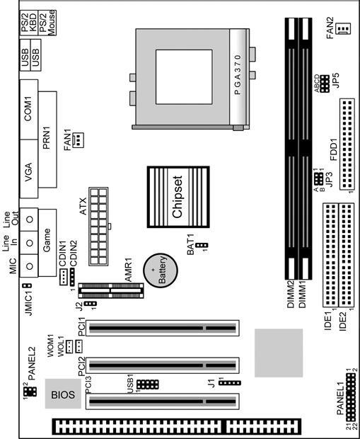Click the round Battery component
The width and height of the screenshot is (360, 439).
pyautogui.click(x=161, y=270)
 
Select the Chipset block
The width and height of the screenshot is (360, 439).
pyautogui.click(x=178, y=197)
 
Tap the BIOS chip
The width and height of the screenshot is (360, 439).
pyautogui.click(x=63, y=394)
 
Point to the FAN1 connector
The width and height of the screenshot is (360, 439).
pyautogui.click(x=78, y=140)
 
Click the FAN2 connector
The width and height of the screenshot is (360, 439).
pyautogui.click(x=344, y=28)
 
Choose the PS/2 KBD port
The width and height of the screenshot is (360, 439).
pyautogui.click(x=29, y=23)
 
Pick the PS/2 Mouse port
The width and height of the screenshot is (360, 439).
pyautogui.click(x=47, y=23)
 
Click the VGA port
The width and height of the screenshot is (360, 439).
pyautogui.click(x=29, y=169)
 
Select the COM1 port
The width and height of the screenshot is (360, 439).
pyautogui.click(x=29, y=110)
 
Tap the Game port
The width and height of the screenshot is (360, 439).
pyautogui.click(x=47, y=243)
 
